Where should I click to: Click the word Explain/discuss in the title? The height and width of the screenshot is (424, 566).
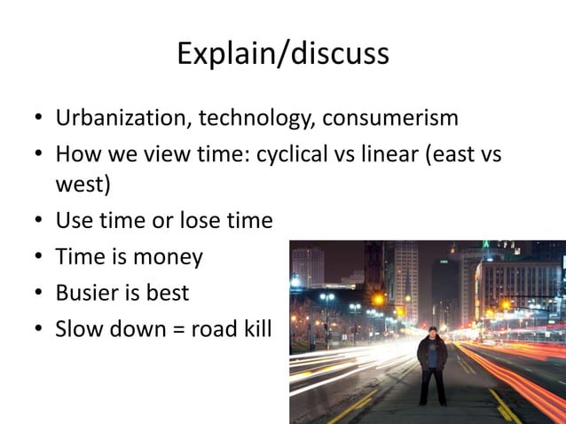tap(282, 54)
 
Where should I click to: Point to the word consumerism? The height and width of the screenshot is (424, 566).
tap(390, 118)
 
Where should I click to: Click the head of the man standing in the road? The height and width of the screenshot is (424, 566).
tap(433, 333)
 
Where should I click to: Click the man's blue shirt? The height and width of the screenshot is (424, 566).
tap(433, 355)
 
